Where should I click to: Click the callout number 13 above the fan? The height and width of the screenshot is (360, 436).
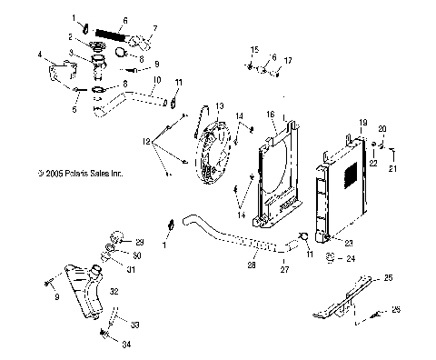tap(220, 106)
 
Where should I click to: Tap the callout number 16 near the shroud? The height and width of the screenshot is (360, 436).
tap(271, 115)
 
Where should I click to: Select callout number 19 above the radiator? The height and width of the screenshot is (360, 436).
tap(363, 123)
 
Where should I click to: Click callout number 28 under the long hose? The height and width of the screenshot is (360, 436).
tap(252, 265)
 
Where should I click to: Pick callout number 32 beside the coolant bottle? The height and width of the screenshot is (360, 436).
tap(114, 292)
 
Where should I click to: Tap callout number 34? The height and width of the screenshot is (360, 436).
tap(126, 345)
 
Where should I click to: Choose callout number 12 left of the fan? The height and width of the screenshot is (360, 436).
tap(146, 141)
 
